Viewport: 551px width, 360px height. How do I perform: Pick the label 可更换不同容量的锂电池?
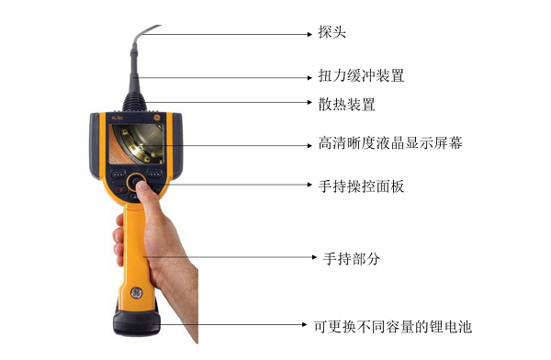tap(396, 324)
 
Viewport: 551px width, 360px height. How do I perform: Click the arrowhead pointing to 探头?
tap(309, 34)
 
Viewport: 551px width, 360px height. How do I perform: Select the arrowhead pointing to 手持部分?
tap(309, 259)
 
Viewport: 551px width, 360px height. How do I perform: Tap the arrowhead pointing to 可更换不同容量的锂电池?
tap(309, 324)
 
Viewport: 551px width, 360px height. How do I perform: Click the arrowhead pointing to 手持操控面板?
tap(309, 186)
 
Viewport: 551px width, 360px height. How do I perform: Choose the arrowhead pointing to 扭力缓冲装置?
tap(309, 74)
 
